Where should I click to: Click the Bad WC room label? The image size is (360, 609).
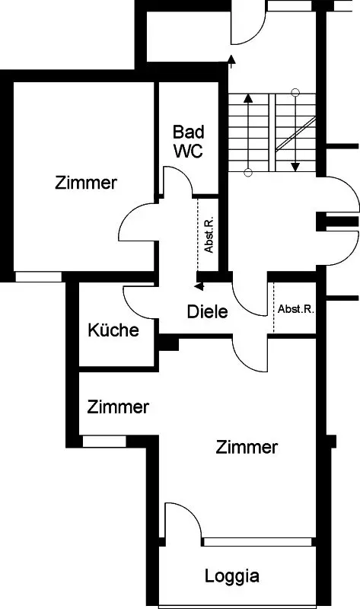pos(188,142)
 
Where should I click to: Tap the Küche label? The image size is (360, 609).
pos(113,330)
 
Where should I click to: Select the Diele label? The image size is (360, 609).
pos(207,311)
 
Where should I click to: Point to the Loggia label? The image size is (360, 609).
pos(232,576)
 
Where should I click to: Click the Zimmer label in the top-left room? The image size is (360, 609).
pos(86,183)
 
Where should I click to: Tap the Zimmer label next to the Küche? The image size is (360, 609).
pos(118,407)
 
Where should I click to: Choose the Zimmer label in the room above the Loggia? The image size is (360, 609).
pos(247,448)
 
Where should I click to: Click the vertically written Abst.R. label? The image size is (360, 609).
pos(209,234)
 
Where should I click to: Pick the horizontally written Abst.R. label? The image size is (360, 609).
pos(296,309)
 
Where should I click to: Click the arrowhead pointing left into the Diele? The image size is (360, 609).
pos(199,287)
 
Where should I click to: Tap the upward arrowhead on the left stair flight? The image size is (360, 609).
pos(248,98)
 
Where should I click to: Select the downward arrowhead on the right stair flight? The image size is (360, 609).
pos(295,167)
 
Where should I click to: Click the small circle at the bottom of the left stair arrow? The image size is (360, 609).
pos(249,173)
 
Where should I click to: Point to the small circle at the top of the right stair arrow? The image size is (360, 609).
pos(295,92)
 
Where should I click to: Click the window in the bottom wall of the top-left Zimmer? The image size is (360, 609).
pos(39,277)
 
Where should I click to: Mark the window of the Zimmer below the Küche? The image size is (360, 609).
pos(104,442)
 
